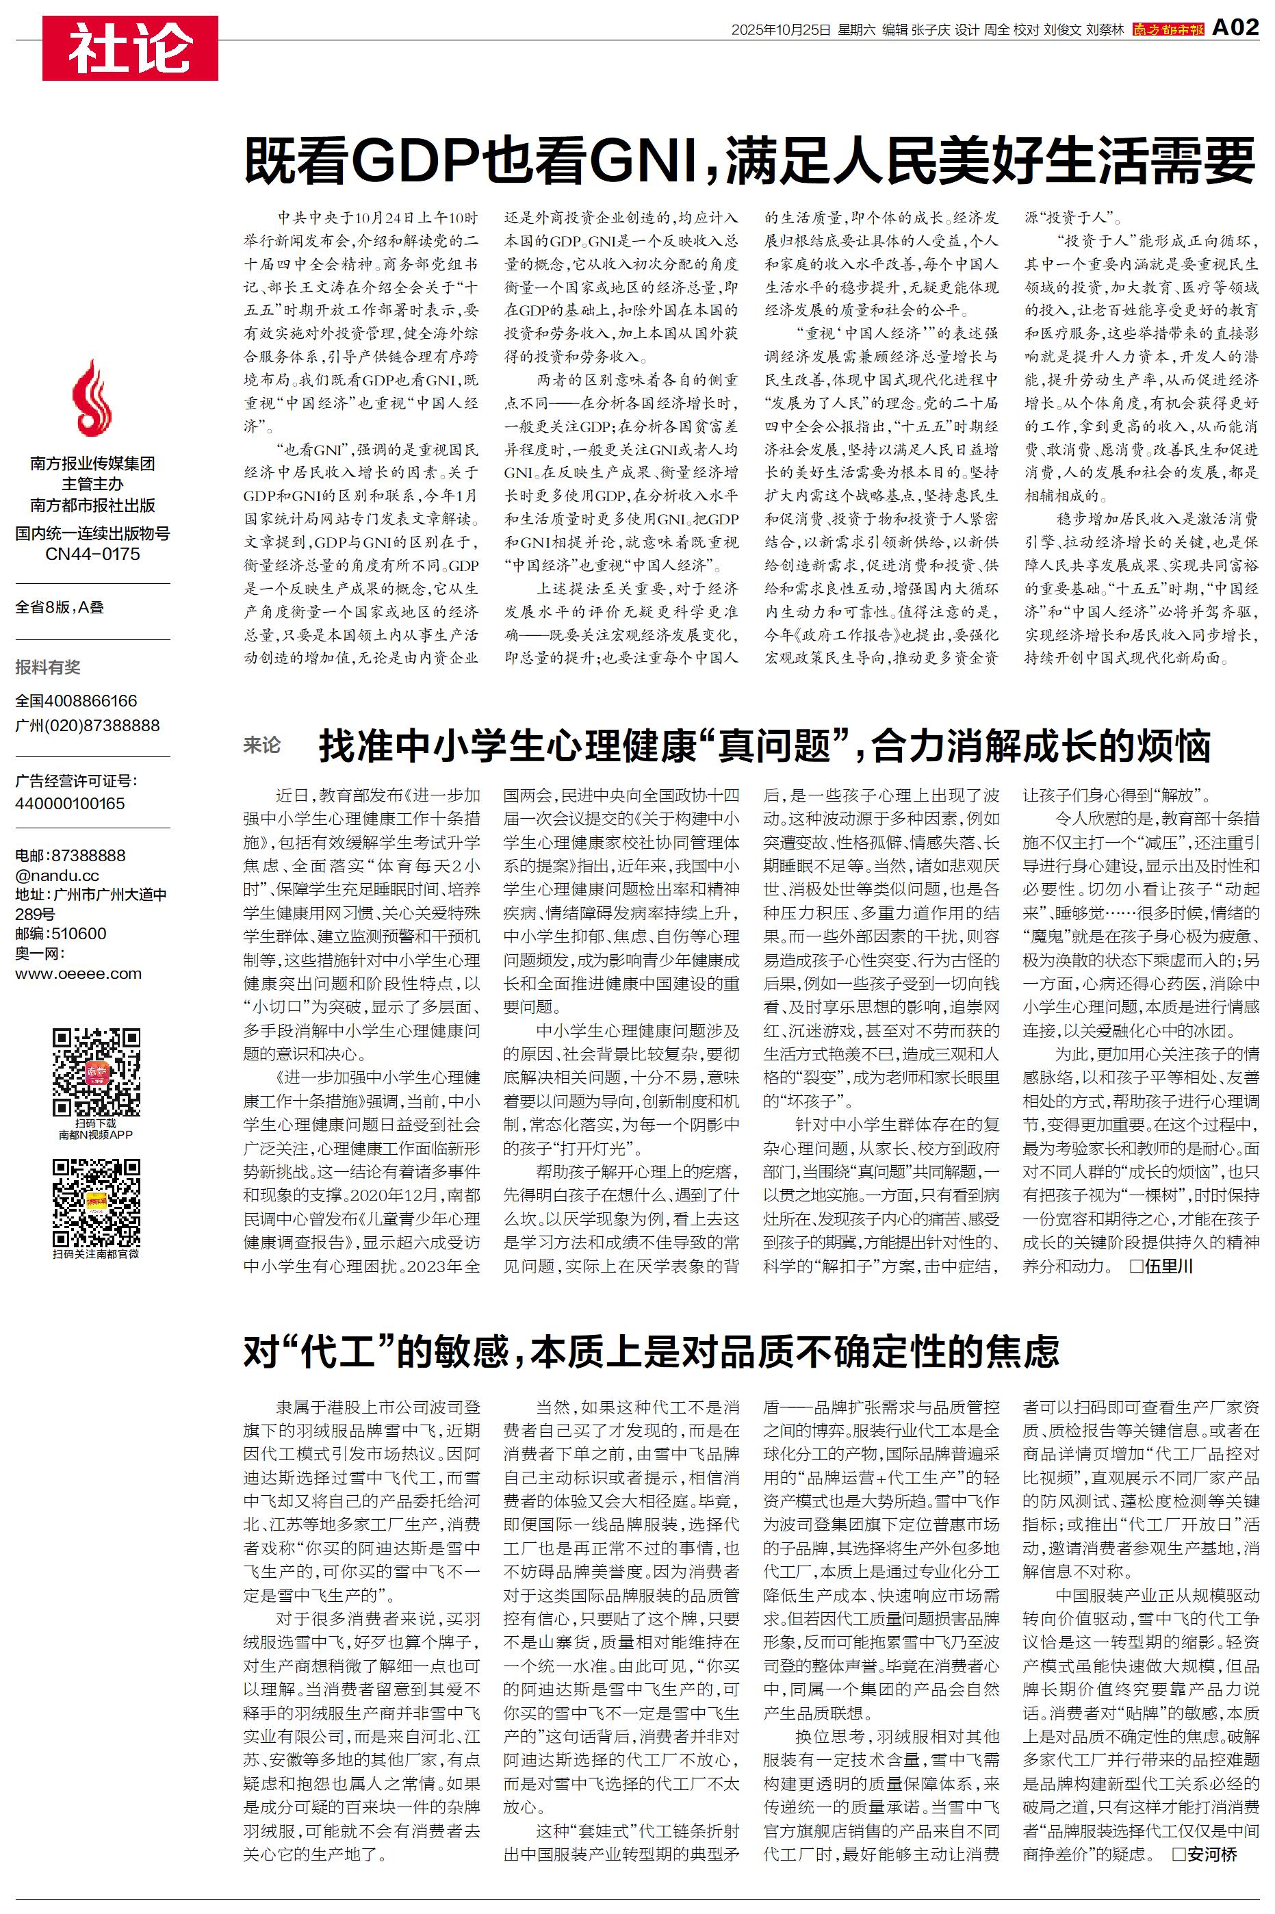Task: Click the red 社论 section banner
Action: point(130,48)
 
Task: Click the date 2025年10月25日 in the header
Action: point(781,30)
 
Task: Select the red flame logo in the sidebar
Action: point(92,398)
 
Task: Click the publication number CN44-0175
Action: point(92,554)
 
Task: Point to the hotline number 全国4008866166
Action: point(77,701)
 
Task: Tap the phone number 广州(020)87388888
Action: point(88,725)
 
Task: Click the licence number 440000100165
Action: point(70,804)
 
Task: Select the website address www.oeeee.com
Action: point(78,973)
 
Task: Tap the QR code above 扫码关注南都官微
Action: point(96,1203)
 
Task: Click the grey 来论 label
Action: point(262,745)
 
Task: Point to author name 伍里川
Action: point(1170,1265)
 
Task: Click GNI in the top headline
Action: point(647,161)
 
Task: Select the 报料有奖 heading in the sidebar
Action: point(48,667)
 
